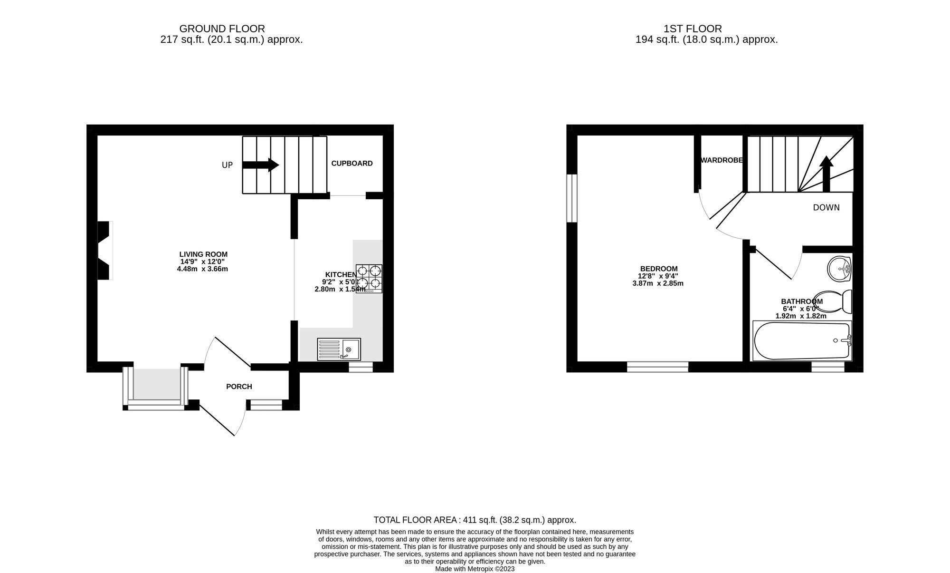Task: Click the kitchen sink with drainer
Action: click(x=339, y=349)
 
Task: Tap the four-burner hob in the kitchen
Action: click(x=369, y=279)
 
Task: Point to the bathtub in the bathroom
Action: click(x=802, y=340)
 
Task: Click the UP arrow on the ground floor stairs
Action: click(x=260, y=165)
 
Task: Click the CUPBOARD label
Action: click(x=352, y=164)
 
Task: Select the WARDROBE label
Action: click(x=722, y=160)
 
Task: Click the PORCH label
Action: click(x=239, y=387)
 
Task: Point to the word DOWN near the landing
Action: click(x=826, y=208)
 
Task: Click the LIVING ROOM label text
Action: click(x=203, y=254)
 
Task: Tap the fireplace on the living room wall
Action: click(x=104, y=250)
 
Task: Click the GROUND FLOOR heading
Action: click(x=222, y=29)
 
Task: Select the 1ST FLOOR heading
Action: click(x=693, y=29)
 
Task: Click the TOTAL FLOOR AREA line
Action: click(x=475, y=520)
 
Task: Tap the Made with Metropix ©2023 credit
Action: click(x=475, y=569)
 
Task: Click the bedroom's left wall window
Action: click(x=572, y=198)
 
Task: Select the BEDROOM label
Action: click(x=658, y=269)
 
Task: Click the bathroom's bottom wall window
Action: click(x=827, y=367)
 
